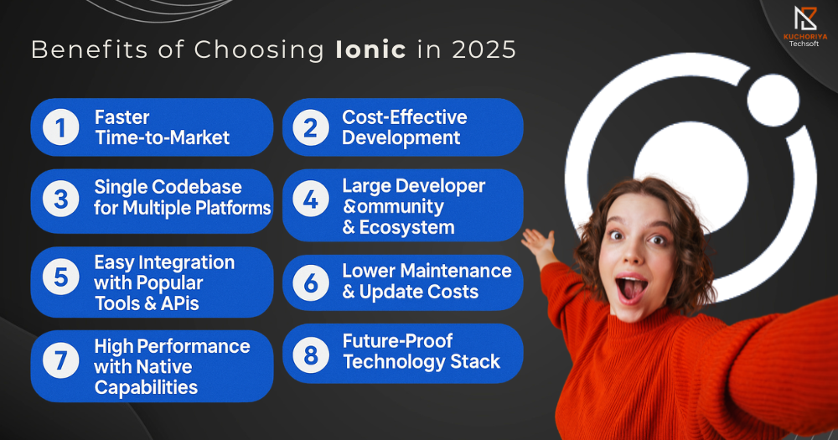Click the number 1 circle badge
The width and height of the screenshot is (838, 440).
click(x=61, y=127)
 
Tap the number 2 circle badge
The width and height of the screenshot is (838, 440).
click(x=311, y=127)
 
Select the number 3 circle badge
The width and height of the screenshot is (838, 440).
click(x=61, y=199)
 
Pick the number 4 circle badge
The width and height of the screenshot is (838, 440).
click(x=311, y=199)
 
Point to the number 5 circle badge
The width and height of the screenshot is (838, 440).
click(x=61, y=277)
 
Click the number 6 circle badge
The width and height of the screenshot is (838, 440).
click(x=311, y=282)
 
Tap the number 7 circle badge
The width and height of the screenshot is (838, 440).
click(x=61, y=360)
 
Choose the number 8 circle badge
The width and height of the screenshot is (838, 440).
click(x=311, y=355)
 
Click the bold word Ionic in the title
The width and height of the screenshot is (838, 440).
click(x=371, y=49)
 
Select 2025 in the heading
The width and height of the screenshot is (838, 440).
click(x=484, y=49)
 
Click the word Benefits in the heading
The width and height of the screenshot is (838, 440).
click(x=90, y=49)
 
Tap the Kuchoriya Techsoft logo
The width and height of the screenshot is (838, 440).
click(x=804, y=26)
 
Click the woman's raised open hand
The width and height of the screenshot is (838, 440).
click(x=539, y=244)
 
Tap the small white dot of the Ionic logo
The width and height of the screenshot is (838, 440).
click(x=773, y=100)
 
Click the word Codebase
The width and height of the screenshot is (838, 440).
click(x=197, y=187)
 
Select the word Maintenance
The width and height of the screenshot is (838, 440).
click(x=456, y=271)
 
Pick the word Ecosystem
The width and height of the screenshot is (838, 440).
click(x=406, y=227)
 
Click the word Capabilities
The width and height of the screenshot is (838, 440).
click(x=146, y=387)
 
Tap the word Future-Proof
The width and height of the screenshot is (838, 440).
click(x=397, y=340)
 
